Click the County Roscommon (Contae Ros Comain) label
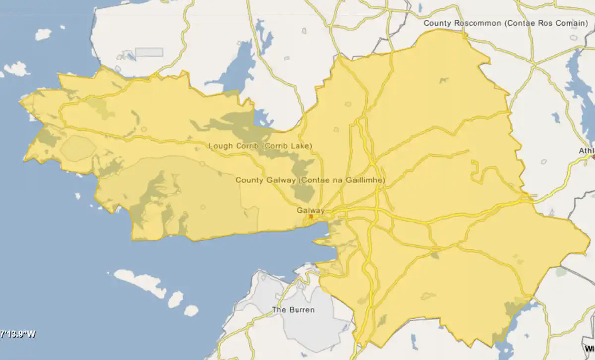tap(506, 23)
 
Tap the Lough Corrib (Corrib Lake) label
tap(261, 146)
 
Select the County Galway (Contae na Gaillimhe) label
tap(310, 180)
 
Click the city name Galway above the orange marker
tap(311, 210)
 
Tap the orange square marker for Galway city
tap(311, 216)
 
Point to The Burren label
tap(293, 310)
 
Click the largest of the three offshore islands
tap(139, 282)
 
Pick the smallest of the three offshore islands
tap(191, 311)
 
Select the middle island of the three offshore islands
tap(175, 300)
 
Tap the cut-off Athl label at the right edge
tap(587, 151)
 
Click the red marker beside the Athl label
tap(594, 157)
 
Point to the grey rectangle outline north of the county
tap(149, 52)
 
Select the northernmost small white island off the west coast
tap(43, 34)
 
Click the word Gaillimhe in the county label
tap(364, 180)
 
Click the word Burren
tap(301, 310)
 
